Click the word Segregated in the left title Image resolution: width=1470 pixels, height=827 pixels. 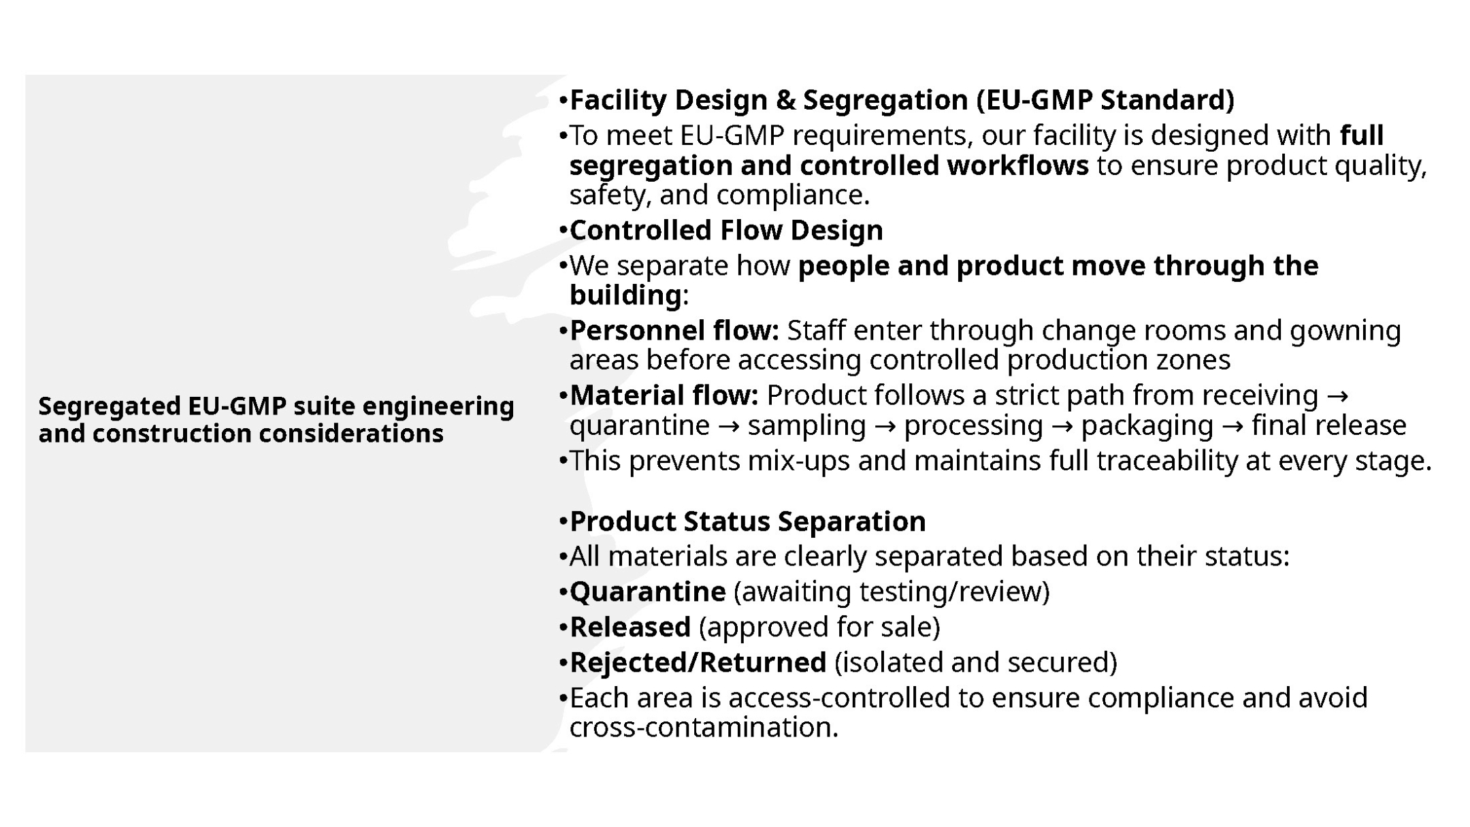pos(109,407)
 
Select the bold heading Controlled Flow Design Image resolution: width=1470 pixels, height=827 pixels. pos(726,230)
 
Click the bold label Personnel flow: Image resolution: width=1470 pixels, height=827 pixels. pos(674,330)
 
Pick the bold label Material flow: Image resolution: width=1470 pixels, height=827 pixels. pos(664,395)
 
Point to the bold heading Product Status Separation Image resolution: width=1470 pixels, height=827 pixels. pos(747,521)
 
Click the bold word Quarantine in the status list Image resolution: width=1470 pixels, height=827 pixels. pos(647,591)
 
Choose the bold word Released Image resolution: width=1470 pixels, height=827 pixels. pos(630,627)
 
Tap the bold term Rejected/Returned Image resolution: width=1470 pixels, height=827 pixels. pos(698,662)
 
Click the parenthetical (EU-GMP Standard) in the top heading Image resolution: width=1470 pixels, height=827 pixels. pos(1105,100)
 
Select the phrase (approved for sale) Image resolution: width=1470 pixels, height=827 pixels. pos(819,628)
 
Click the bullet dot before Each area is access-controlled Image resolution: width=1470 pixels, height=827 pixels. pos(563,698)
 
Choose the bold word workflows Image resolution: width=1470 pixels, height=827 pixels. pos(1017,165)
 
